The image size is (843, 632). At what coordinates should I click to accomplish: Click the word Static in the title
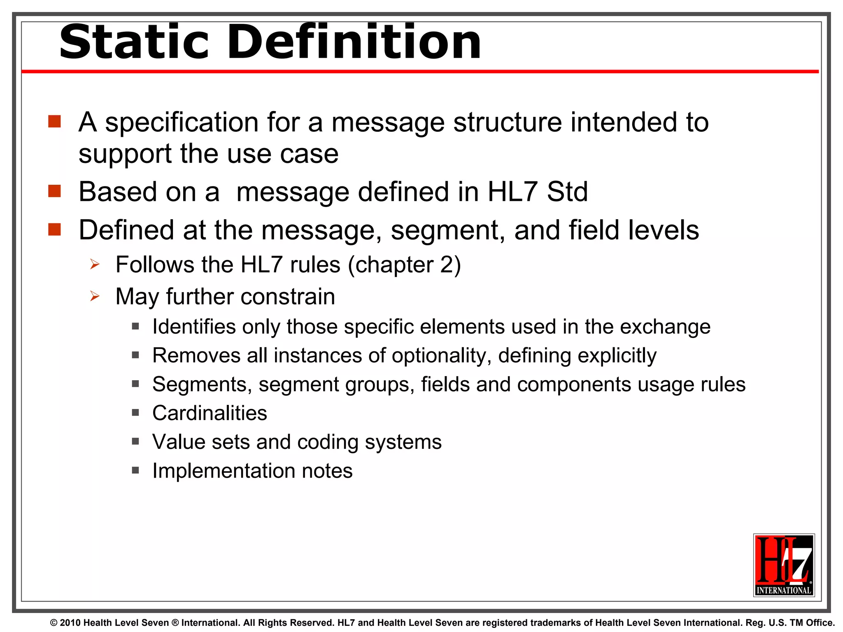point(134,42)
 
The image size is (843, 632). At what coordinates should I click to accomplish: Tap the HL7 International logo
point(784,565)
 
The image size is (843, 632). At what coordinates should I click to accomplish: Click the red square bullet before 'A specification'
point(54,121)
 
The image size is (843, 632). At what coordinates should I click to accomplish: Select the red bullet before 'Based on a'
point(54,191)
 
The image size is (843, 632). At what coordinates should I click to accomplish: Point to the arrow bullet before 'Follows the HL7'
point(95,264)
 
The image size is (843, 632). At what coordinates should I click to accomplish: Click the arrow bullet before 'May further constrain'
point(95,296)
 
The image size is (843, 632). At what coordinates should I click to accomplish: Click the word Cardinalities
point(210,413)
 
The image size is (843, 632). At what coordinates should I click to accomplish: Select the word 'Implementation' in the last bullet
point(224,471)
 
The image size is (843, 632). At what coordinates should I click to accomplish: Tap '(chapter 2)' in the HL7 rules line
point(404,265)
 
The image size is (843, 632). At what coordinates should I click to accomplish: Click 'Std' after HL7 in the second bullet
point(567,192)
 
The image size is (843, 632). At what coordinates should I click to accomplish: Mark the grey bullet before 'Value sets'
point(135,441)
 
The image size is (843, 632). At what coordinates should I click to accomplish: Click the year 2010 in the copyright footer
point(70,623)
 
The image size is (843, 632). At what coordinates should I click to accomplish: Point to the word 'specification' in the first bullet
point(182,123)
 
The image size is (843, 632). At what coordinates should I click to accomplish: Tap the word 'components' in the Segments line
point(574,384)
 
